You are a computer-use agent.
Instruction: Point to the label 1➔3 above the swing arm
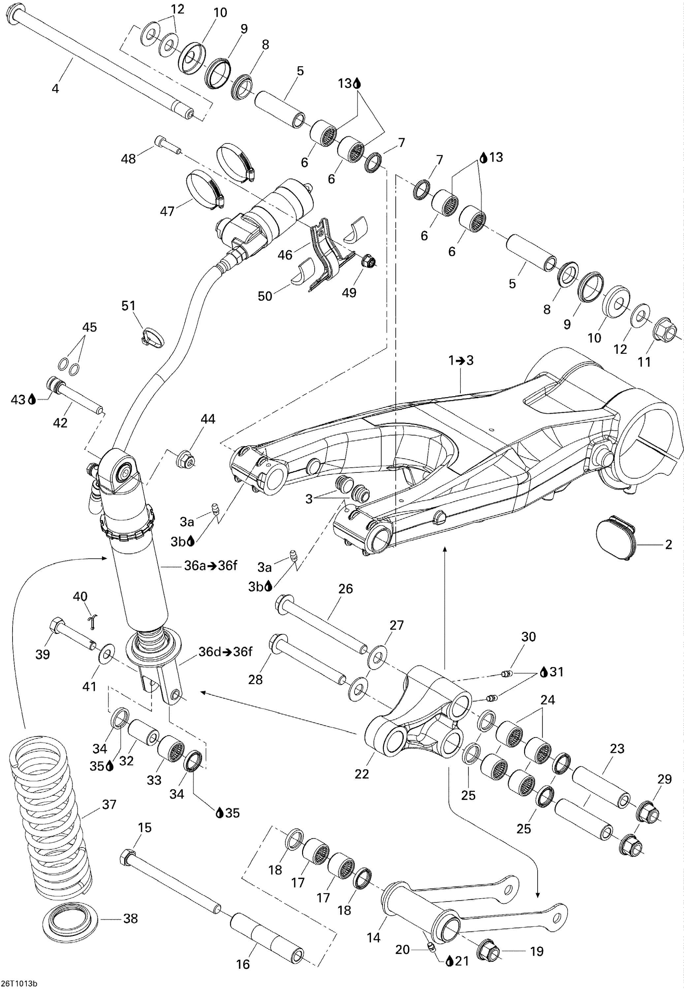click(x=461, y=361)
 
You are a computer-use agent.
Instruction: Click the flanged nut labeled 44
click(x=186, y=460)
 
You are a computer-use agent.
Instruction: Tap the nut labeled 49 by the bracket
click(x=369, y=261)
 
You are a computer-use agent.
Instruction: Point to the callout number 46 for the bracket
click(x=285, y=255)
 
